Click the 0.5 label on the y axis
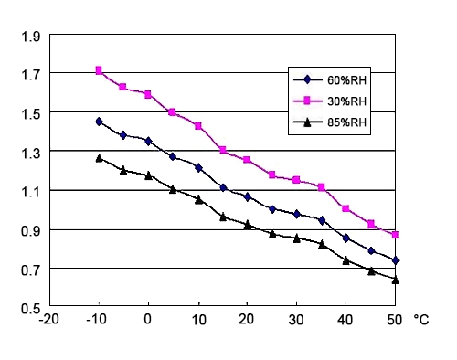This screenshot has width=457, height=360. pyautogui.click(x=31, y=308)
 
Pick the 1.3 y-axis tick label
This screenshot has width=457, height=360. pyautogui.click(x=31, y=152)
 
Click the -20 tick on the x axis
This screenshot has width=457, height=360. pyautogui.click(x=48, y=320)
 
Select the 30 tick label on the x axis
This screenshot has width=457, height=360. pyautogui.click(x=296, y=320)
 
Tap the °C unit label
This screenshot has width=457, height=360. pyautogui.click(x=421, y=320)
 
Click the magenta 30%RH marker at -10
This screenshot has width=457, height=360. pyautogui.click(x=99, y=70)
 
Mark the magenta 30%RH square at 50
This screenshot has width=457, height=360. pyautogui.click(x=395, y=235)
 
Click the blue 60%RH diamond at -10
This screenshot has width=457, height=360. pyautogui.click(x=99, y=122)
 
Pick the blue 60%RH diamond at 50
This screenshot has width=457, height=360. pyautogui.click(x=395, y=260)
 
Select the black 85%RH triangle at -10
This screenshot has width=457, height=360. pyautogui.click(x=99, y=158)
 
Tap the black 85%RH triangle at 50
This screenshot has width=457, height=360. pyautogui.click(x=395, y=280)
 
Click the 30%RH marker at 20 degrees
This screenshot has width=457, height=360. pyautogui.click(x=247, y=160)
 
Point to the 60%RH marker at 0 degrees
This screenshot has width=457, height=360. pyautogui.click(x=148, y=141)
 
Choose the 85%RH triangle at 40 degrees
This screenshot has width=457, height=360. pyautogui.click(x=345, y=260)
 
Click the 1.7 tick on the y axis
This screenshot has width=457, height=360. pyautogui.click(x=31, y=74)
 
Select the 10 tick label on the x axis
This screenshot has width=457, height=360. pyautogui.click(x=197, y=320)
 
